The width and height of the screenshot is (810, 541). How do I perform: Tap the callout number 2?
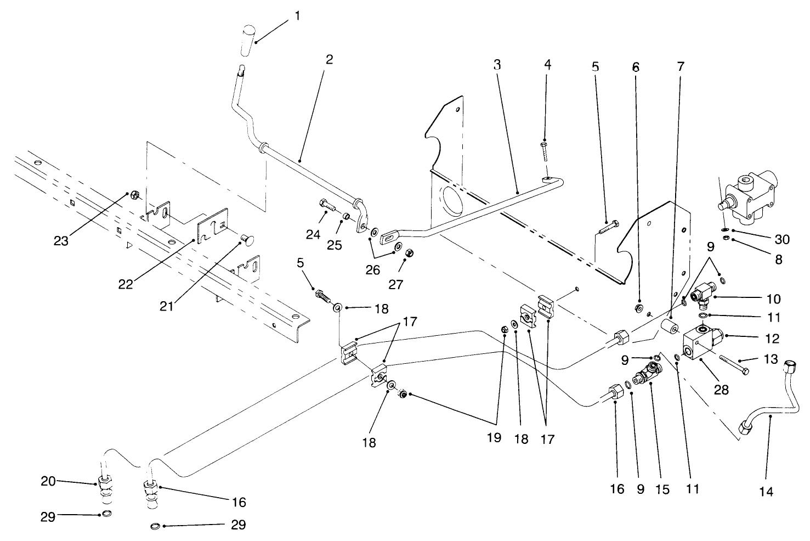point(328,59)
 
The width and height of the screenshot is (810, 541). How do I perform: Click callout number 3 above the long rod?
point(497,65)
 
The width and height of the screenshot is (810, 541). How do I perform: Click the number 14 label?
point(766,492)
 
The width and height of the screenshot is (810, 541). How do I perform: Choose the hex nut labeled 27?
point(412,253)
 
